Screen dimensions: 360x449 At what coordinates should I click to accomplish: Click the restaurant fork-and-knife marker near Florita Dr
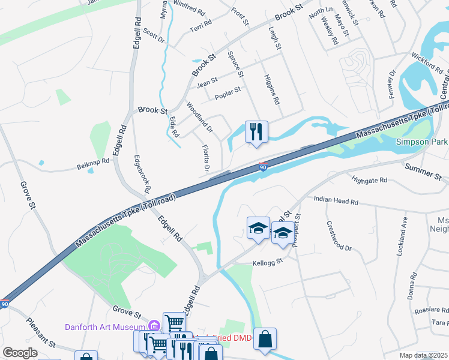[257, 131]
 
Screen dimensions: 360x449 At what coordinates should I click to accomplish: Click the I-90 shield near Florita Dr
[264, 166]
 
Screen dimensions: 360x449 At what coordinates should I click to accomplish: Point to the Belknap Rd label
[94, 161]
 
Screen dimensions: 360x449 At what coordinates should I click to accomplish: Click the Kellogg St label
[267, 262]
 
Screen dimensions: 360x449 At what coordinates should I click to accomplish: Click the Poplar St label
[228, 91]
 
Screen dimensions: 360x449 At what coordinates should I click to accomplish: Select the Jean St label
[206, 82]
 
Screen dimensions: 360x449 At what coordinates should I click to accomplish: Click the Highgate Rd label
[370, 179]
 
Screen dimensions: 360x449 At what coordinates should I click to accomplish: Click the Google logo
[20, 353]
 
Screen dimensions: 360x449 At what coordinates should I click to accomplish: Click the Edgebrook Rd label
[142, 173]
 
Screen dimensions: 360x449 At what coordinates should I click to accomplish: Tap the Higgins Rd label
[272, 89]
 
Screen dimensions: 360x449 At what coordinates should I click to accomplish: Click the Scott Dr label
[154, 36]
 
